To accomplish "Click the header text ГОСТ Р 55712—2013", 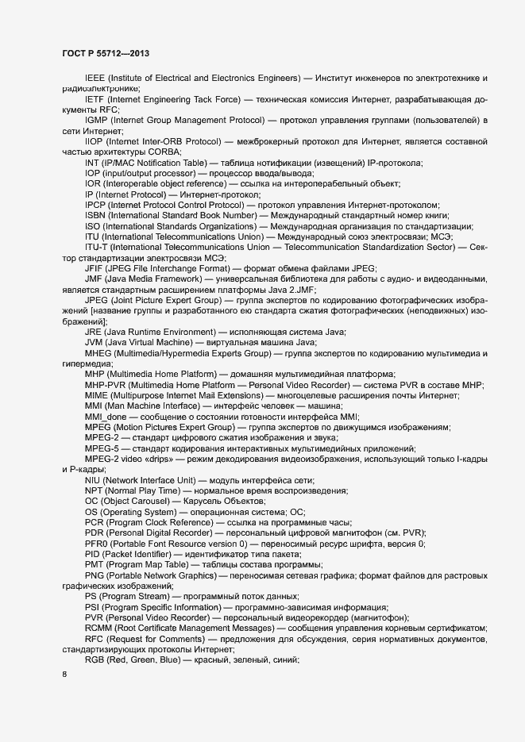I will point(105,52).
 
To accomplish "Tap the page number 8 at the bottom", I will point(64,675).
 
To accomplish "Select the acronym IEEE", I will point(95,78).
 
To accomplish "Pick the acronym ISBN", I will point(95,215).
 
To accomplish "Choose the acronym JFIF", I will point(95,268).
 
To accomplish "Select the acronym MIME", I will point(96,395).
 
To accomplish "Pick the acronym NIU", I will point(93,481).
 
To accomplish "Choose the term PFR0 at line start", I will point(97,544).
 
